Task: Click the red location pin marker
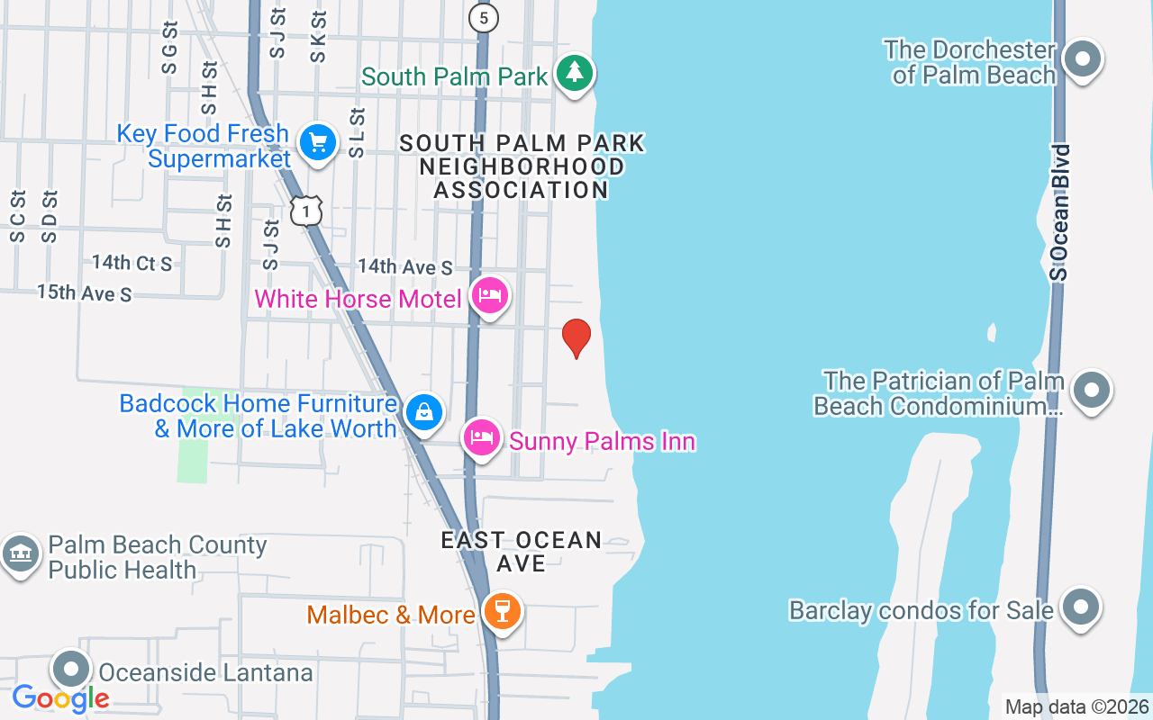pyautogui.click(x=576, y=337)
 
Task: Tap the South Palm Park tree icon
pyautogui.click(x=574, y=72)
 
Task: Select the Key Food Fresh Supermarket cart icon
pyautogui.click(x=317, y=142)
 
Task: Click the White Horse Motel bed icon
pyautogui.click(x=490, y=295)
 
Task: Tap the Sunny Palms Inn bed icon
pyautogui.click(x=482, y=437)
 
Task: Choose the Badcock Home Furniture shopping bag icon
pyautogui.click(x=422, y=412)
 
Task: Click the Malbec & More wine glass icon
pyautogui.click(x=502, y=612)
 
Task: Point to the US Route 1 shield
pyautogui.click(x=306, y=211)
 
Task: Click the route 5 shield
pyautogui.click(x=485, y=17)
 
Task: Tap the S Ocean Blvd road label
pyautogui.click(x=1060, y=211)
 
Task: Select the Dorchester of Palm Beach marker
pyautogui.click(x=1083, y=59)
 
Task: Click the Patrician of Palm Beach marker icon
pyautogui.click(x=1092, y=391)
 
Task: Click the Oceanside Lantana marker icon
pyautogui.click(x=70, y=670)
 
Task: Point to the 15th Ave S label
pyautogui.click(x=84, y=293)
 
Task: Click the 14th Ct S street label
pyautogui.click(x=132, y=263)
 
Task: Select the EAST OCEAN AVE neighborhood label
pyautogui.click(x=522, y=551)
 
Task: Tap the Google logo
pyautogui.click(x=60, y=698)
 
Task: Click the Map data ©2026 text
pyautogui.click(x=1076, y=707)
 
